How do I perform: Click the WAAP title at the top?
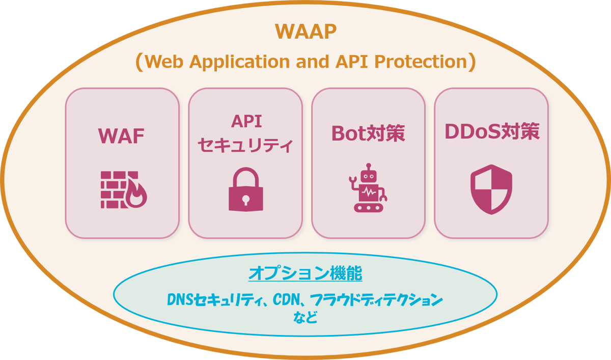305,31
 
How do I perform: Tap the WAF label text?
121,136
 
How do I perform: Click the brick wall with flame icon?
123,189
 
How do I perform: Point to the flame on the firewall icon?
136,195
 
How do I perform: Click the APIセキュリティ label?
245,134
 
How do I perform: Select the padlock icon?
245,190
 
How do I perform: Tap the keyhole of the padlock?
245,199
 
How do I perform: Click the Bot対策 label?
368,133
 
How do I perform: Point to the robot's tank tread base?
368,207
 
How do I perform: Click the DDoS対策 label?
492,131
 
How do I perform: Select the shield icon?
491,189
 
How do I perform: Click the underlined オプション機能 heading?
305,274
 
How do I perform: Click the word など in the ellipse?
305,318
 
